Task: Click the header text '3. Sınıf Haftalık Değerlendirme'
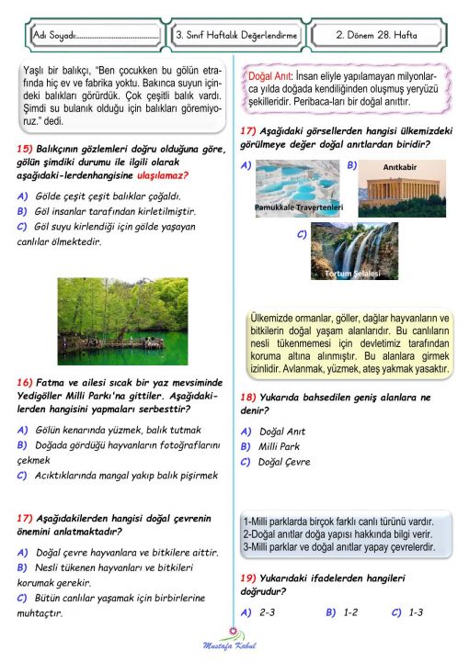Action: pos(236,34)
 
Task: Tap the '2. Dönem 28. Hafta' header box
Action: pos(378,34)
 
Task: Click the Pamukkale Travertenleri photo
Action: pos(299,188)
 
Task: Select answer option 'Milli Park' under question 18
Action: pos(283,446)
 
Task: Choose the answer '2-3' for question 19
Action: pos(268,611)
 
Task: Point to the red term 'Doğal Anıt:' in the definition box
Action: pos(269,76)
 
